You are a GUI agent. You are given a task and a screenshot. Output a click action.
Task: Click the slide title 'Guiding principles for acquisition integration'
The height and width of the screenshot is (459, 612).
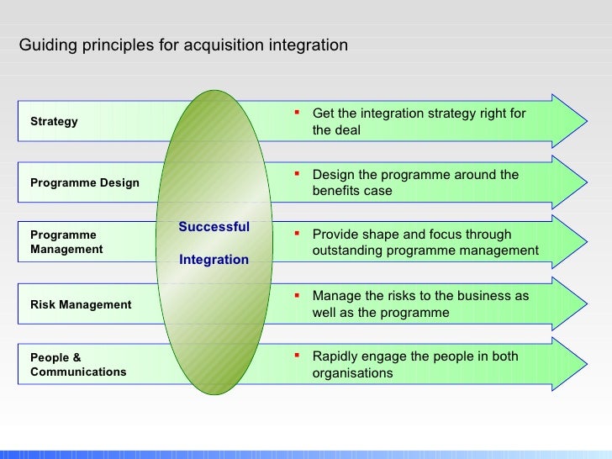(x=183, y=45)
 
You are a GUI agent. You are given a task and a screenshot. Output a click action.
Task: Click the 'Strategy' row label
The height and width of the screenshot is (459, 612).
(x=54, y=121)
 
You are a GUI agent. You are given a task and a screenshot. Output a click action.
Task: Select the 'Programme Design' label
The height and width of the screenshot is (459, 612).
(x=85, y=182)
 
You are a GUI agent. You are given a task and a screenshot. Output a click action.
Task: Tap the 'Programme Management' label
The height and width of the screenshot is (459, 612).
(x=66, y=242)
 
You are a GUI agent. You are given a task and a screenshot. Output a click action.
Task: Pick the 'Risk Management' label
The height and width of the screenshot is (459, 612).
(x=81, y=304)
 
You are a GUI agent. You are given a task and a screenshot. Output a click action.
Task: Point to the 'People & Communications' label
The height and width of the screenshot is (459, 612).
(x=78, y=365)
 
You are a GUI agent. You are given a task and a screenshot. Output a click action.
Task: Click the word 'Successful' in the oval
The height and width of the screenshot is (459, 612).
(x=214, y=227)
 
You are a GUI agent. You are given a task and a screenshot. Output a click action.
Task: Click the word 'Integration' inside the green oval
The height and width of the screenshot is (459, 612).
(x=214, y=260)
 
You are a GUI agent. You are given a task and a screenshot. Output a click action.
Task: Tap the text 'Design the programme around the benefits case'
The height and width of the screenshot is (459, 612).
(x=415, y=182)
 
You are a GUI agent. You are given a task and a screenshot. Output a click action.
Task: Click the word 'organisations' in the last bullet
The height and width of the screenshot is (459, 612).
(x=352, y=373)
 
